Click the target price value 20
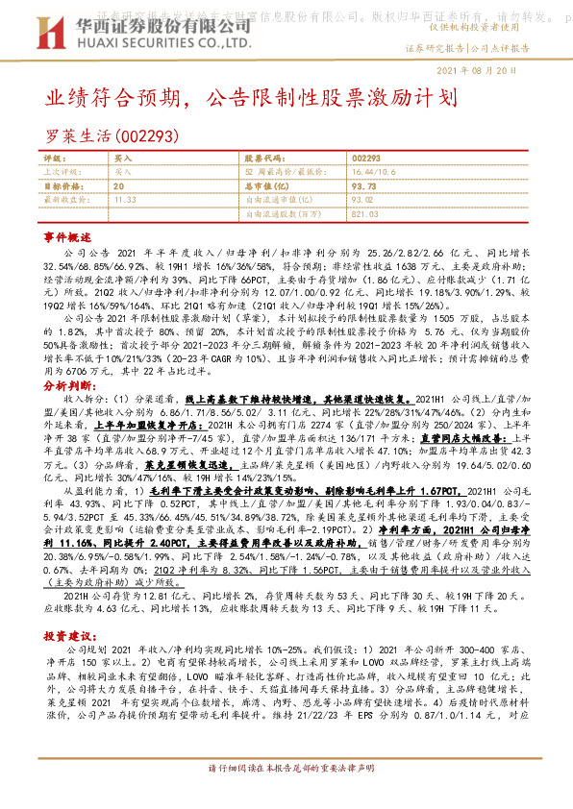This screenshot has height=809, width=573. coord(118,185)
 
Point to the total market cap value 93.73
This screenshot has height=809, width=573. coord(363,185)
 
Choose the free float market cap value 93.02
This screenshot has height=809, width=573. coord(363,200)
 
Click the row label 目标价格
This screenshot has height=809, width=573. coord(62,185)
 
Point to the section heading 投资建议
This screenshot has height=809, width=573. coord(67,636)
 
